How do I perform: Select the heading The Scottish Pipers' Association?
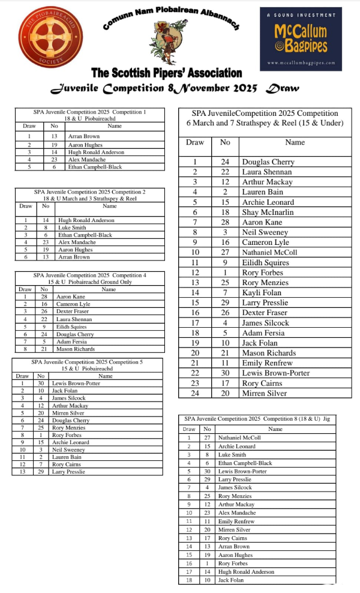pos(166,73)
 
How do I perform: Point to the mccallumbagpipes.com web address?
pos(301,62)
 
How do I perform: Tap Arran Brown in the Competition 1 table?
pos(84,137)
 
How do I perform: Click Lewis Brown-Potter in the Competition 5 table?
pos(77,383)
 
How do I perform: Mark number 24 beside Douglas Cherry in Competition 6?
pos(225,162)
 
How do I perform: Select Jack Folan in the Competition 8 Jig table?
pos(231,580)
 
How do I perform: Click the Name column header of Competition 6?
pos(295,143)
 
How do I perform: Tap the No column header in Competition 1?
pos(54,126)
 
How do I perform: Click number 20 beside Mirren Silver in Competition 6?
pos(225,394)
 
